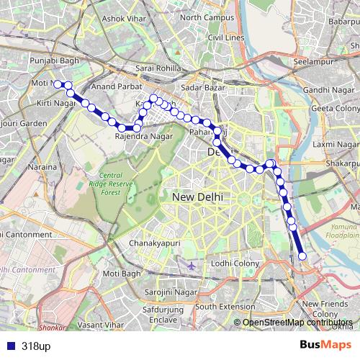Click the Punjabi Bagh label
pos(53,69)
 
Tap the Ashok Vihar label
pos(122,19)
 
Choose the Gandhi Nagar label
pos(322,89)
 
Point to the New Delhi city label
pos(197,196)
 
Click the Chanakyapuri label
pos(153,244)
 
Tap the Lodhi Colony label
pos(235,264)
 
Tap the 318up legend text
pos(35,346)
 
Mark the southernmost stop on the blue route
pos(302,256)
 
